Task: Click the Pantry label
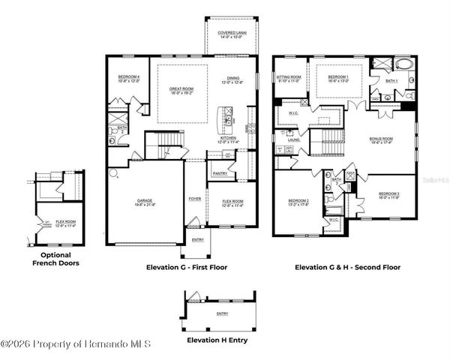tap(220, 173)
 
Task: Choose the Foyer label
tap(194, 199)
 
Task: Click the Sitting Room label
tap(289, 76)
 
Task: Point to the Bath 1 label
tap(391, 80)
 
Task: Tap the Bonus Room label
tap(381, 139)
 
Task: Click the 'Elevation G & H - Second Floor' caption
tap(347, 267)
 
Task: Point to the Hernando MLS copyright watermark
tap(76, 344)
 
